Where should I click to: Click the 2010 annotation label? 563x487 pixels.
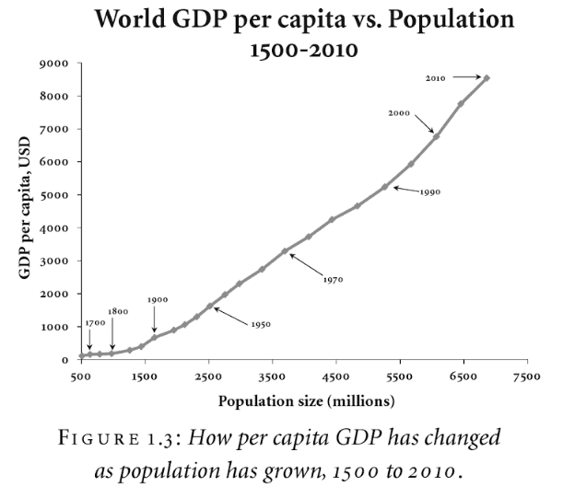pyautogui.click(x=437, y=79)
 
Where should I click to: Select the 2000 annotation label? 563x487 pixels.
pyautogui.click(x=399, y=112)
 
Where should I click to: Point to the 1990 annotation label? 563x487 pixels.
pyautogui.click(x=430, y=192)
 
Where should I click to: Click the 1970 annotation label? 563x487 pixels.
pyautogui.click(x=333, y=278)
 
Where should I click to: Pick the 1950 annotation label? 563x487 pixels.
pyautogui.click(x=261, y=324)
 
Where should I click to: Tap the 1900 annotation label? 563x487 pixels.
pyautogui.click(x=156, y=300)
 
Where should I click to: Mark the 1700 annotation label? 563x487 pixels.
pyautogui.click(x=95, y=323)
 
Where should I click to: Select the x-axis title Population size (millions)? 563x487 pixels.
pyautogui.click(x=307, y=401)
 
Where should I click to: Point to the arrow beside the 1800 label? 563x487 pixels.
pyautogui.click(x=112, y=336)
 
